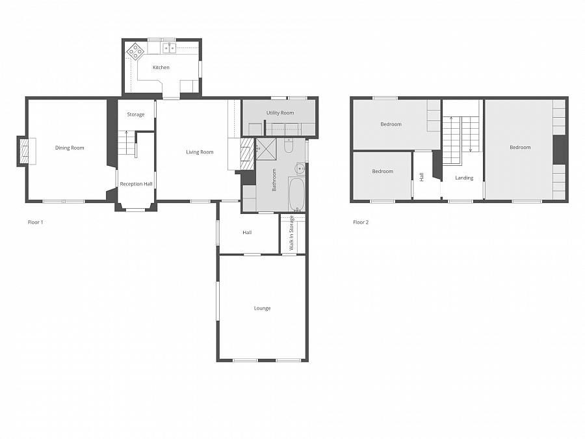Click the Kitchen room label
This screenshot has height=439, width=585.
point(161,68)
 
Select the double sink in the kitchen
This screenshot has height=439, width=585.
point(169,47)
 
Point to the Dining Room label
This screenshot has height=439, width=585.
point(70,148)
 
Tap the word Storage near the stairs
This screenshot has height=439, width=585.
point(136,115)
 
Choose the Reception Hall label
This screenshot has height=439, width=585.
point(136,184)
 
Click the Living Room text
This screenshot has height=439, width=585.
point(200,152)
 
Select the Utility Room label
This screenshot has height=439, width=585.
point(280,113)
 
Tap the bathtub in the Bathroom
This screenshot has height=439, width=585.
point(296,194)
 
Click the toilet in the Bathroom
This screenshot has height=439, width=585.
point(290,146)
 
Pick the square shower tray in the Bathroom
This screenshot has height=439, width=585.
point(266,148)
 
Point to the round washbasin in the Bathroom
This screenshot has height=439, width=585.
point(299,169)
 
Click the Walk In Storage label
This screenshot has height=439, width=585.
point(292,233)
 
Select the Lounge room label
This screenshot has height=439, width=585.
point(262,308)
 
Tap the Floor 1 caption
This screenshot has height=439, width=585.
point(35,222)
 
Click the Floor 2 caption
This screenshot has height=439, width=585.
point(361,222)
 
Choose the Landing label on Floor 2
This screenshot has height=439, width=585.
point(464,178)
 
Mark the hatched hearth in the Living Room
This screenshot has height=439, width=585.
point(246,152)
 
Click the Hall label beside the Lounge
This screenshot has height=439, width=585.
point(247,233)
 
